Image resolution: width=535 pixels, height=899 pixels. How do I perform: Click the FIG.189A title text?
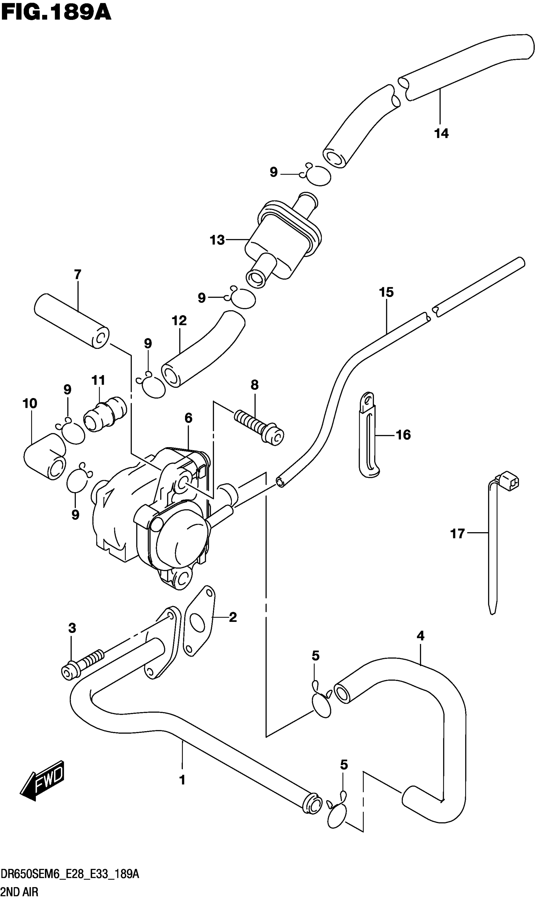[56, 13]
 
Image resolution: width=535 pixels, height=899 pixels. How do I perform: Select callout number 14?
[441, 134]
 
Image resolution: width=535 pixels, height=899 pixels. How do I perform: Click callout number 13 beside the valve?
[217, 240]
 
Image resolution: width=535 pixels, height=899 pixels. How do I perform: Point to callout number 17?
[458, 533]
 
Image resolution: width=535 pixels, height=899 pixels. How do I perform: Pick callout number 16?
[403, 435]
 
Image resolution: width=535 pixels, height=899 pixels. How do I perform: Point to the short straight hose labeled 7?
[71, 321]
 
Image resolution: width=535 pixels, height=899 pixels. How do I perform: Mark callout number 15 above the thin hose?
[386, 293]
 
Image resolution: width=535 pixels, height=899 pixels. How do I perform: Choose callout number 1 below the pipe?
[182, 780]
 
